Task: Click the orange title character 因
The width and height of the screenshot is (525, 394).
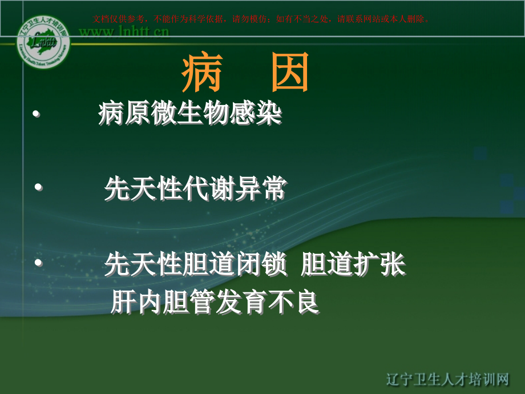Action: pos(290,74)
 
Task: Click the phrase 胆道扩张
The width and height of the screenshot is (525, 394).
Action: pos(353,265)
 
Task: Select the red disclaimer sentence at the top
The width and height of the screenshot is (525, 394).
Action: pos(260,18)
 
